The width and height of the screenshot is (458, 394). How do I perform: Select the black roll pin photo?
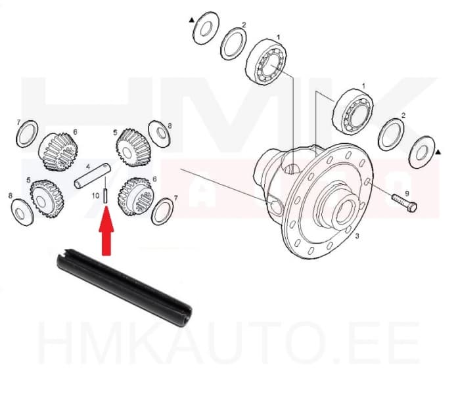123,282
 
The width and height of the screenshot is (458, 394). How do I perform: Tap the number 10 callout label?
96,196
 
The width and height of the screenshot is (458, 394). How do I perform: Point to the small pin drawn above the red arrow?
106,197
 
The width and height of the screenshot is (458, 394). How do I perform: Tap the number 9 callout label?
407,193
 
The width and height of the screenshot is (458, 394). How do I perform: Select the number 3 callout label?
357,236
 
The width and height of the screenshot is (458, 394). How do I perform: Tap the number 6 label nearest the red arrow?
154,179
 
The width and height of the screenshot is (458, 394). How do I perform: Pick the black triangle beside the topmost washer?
191,20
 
